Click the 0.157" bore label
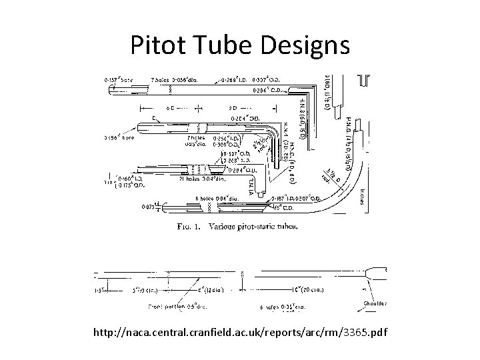pyautogui.click(x=120, y=79)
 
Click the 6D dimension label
pyautogui.click(x=171, y=107)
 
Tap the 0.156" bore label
pyautogui.click(x=120, y=138)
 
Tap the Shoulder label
pyautogui.click(x=374, y=303)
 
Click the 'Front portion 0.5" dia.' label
pyautogui.click(x=174, y=308)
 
